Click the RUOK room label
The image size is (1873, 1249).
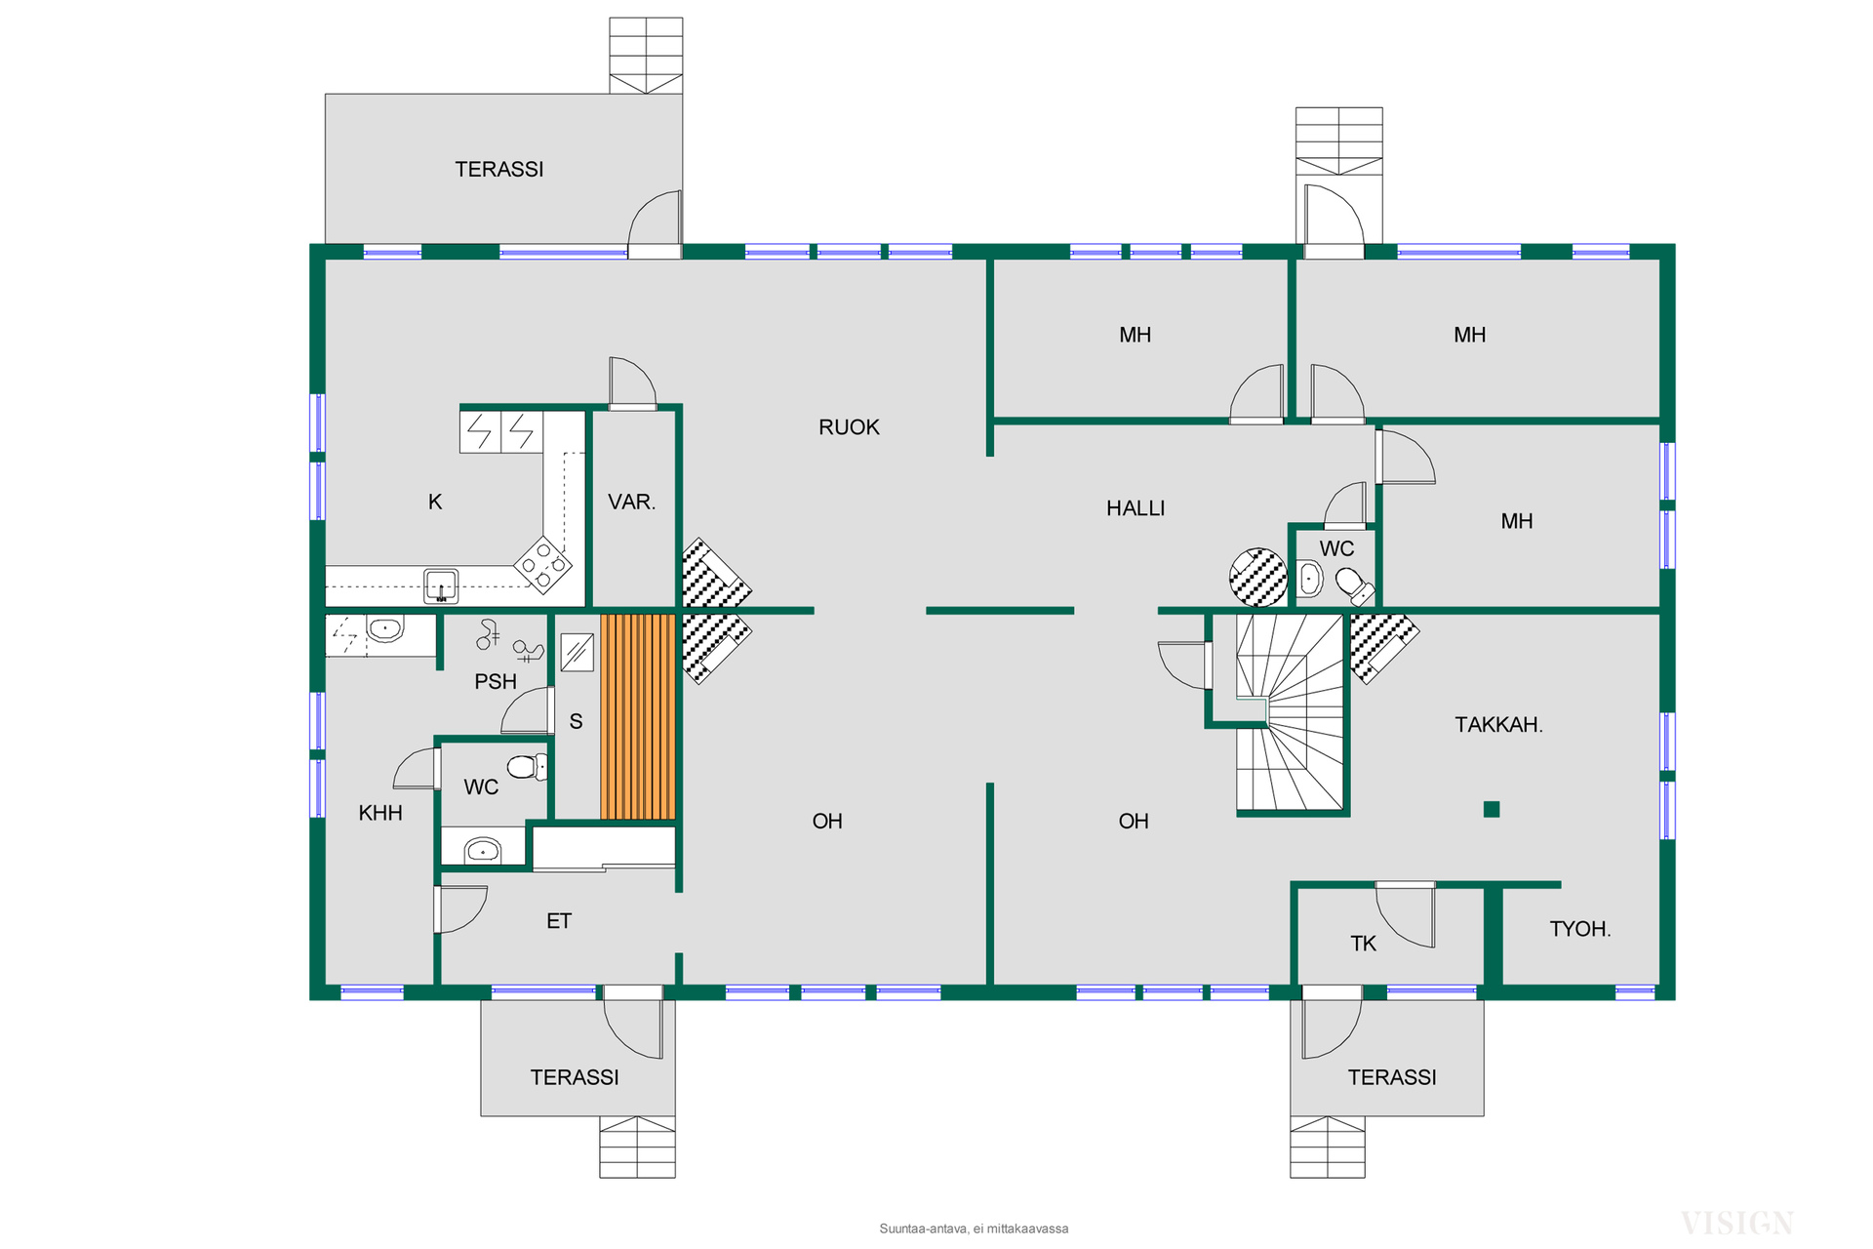click(849, 427)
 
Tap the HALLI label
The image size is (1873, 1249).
click(1136, 508)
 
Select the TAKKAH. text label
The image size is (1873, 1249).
click(1498, 725)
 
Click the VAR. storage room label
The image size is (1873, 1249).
click(631, 503)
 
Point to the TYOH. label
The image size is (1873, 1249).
click(1579, 929)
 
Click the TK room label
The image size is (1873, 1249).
click(1363, 944)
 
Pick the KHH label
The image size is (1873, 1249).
click(380, 813)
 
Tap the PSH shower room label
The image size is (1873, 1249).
click(496, 682)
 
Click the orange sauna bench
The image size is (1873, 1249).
click(638, 716)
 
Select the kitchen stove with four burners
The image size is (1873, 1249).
click(543, 564)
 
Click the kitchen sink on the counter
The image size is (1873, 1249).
click(441, 585)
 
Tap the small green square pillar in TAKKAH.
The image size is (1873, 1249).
click(1491, 809)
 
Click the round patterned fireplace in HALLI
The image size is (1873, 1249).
click(1258, 578)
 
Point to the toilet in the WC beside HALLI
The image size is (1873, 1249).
click(1353, 585)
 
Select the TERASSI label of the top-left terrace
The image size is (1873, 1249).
click(499, 170)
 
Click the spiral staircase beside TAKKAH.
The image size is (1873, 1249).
click(1290, 713)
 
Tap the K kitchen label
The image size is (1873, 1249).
click(435, 503)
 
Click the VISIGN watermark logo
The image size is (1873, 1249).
click(1736, 1223)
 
